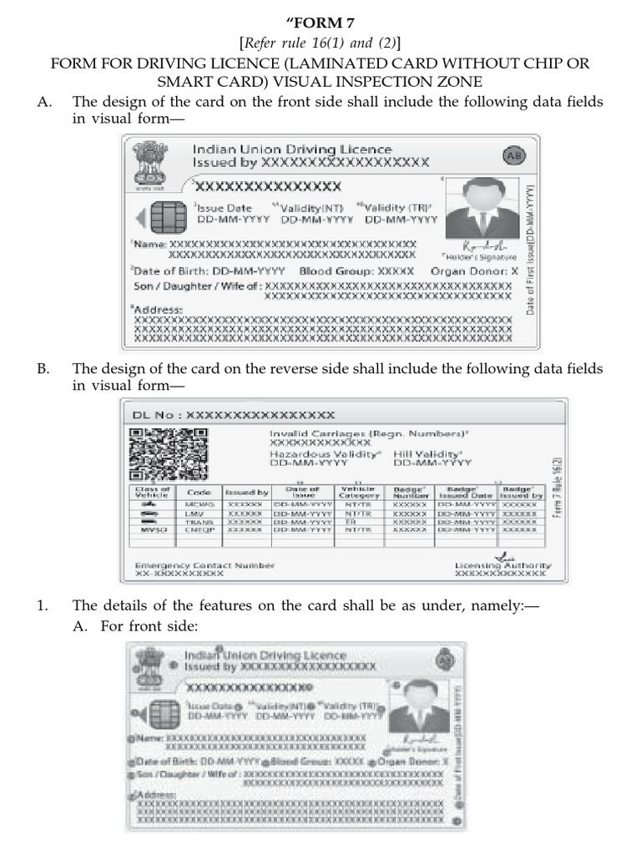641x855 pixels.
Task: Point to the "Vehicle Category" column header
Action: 358,492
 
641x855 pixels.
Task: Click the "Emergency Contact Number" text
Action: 204,565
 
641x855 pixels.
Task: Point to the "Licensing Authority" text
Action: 502,566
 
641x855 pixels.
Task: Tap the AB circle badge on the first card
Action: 512,156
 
